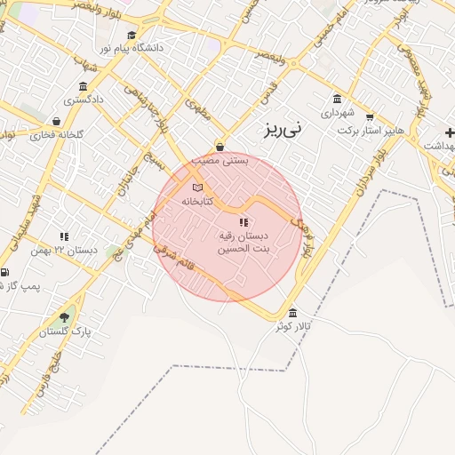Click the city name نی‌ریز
[283, 129]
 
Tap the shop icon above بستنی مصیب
[220, 148]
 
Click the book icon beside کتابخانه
[197, 188]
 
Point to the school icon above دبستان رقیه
[243, 221]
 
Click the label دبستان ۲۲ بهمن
[75, 250]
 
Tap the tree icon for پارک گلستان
[64, 316]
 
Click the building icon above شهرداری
[336, 99]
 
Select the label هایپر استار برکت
[371, 130]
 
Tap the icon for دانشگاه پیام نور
[132, 35]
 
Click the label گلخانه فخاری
[56, 135]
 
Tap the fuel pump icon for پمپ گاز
[4, 273]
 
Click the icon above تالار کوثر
[292, 314]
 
